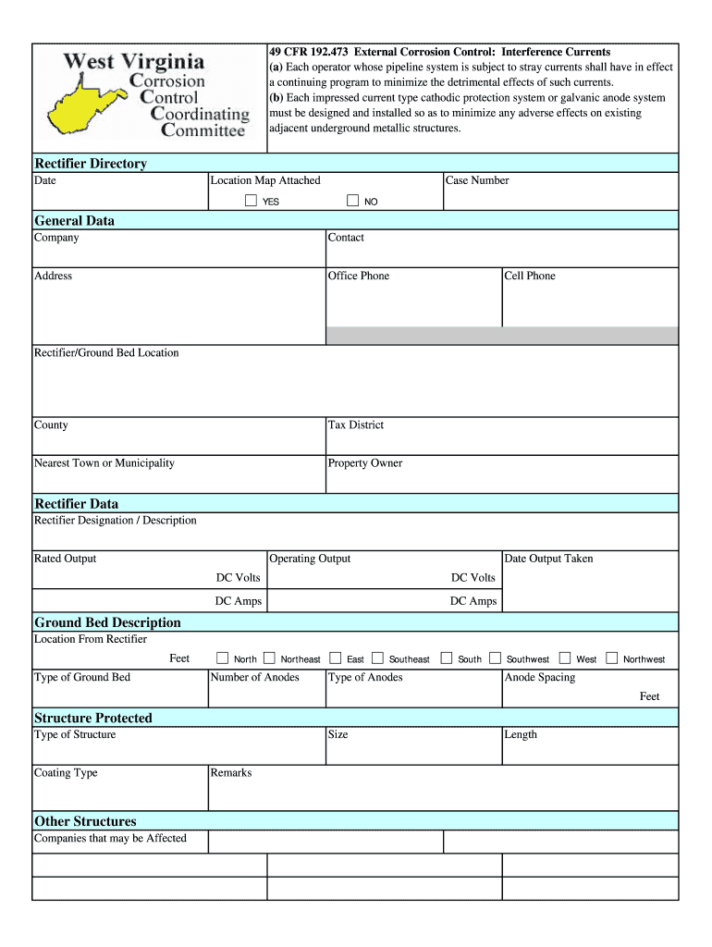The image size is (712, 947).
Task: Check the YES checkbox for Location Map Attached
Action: pos(251,201)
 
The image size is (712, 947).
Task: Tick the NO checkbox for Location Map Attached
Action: pos(352,201)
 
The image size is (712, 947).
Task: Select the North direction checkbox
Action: pos(222,658)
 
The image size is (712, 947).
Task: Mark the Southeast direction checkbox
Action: pos(377,658)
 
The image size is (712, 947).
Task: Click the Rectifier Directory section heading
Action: pos(90,164)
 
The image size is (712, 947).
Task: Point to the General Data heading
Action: pos(74,221)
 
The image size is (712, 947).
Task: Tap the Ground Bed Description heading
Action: pos(107,622)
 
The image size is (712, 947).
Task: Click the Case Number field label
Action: pos(477,180)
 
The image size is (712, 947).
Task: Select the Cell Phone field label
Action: pos(529,276)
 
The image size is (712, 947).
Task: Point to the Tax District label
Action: pos(355,425)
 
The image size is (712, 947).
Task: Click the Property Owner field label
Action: pos(364,463)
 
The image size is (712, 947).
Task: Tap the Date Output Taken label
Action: pos(548,559)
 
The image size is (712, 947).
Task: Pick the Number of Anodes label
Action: pos(254,677)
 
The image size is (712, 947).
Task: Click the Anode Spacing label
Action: pos(539,677)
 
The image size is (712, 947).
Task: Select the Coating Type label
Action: pos(66,773)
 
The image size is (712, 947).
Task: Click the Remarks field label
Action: pos(230,773)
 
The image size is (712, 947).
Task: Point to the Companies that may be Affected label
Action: pos(110,839)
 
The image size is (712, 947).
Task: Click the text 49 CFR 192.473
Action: pos(309,52)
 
